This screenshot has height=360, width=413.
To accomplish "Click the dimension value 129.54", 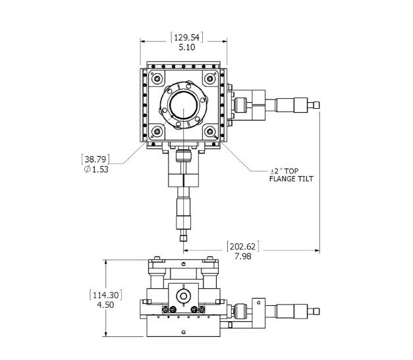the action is (187, 38).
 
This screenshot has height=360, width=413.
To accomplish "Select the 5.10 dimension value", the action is (187, 47).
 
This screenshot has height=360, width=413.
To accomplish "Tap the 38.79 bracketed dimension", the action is (96, 160).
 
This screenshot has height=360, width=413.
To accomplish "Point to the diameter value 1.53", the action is (100, 169).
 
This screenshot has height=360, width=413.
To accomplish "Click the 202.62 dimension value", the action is (243, 247).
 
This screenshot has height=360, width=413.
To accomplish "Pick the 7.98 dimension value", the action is (243, 256).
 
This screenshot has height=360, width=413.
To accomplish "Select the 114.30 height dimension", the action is (105, 295).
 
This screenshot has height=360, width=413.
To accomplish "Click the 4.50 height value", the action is (105, 305).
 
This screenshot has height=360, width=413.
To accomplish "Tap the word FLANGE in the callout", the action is (283, 179).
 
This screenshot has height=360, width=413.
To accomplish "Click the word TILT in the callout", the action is (306, 179).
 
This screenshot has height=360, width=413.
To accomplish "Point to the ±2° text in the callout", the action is (276, 171).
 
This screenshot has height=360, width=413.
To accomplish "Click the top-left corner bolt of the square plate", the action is (157, 79).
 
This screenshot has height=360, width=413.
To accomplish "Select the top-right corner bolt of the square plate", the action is (209, 79).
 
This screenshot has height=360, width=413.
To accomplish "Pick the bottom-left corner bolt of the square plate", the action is (157, 131).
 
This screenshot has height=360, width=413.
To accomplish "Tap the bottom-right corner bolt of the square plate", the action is (209, 131).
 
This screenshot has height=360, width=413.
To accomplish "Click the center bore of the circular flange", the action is (183, 105).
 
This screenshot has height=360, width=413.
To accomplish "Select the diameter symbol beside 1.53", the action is (88, 169).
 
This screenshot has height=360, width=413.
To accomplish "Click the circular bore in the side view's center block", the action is (183, 296).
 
